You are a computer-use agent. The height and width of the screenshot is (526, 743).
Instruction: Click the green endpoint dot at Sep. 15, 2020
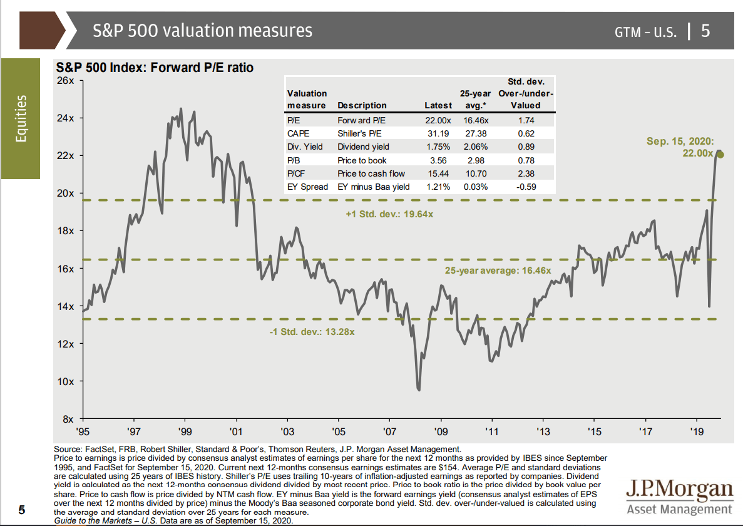tap(720, 155)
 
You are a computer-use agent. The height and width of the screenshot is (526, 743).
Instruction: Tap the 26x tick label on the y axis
tap(66, 80)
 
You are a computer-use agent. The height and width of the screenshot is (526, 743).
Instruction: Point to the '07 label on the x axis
tap(389, 431)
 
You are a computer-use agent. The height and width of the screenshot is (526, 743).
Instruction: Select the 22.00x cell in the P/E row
tap(438, 120)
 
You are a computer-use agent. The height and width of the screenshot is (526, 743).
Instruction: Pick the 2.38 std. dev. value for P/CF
tap(526, 173)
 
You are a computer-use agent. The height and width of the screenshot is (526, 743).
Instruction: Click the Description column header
tap(362, 106)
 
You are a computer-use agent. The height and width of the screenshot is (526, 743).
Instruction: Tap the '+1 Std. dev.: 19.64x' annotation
tap(389, 214)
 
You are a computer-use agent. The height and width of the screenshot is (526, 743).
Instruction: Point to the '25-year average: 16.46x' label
tap(498, 271)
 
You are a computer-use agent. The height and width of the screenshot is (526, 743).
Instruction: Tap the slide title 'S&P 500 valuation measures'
tap(202, 30)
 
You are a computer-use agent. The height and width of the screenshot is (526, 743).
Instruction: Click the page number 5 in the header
tap(705, 31)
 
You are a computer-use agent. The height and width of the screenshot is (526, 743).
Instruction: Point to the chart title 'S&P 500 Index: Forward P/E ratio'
tap(154, 67)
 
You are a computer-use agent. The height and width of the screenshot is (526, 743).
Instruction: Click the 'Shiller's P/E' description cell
tap(359, 133)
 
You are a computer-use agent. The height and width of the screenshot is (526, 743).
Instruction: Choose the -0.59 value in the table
tap(526, 187)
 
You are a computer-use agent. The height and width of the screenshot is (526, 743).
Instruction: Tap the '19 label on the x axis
tap(697, 431)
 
